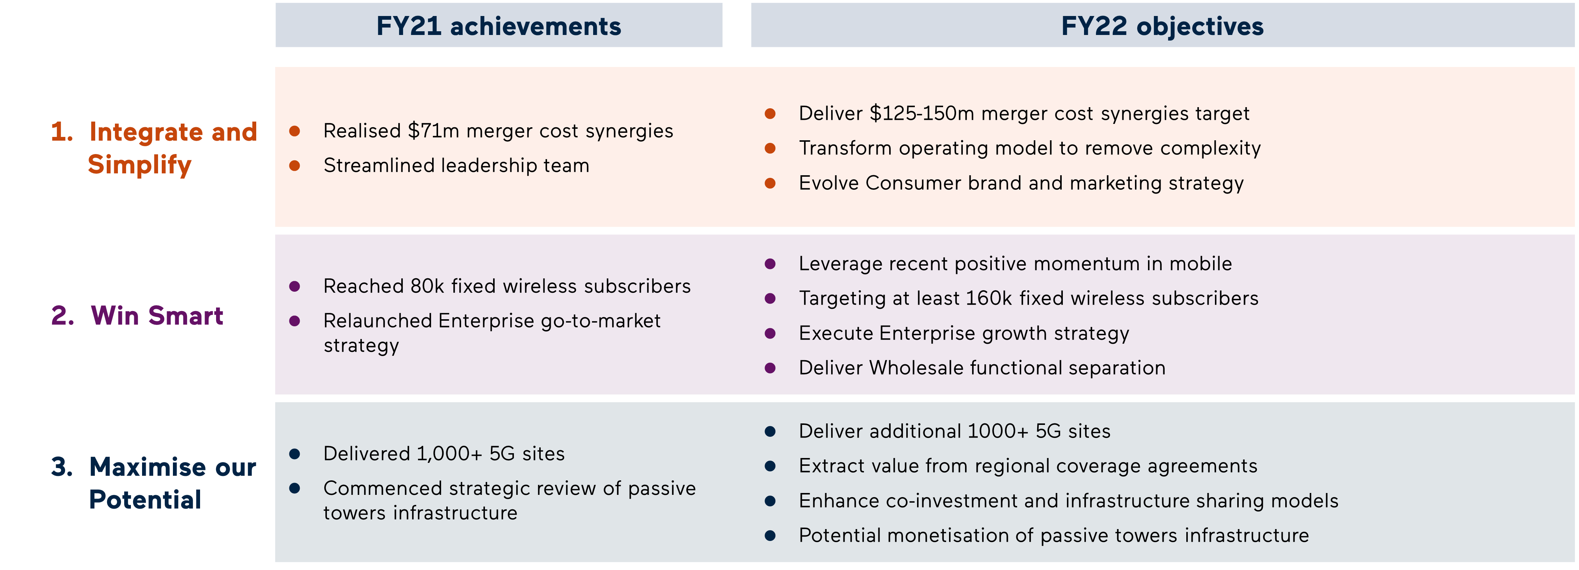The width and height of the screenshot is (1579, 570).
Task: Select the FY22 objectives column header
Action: (1162, 26)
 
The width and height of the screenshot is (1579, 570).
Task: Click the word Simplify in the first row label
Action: (140, 164)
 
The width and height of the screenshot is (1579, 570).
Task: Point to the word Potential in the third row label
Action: (145, 499)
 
